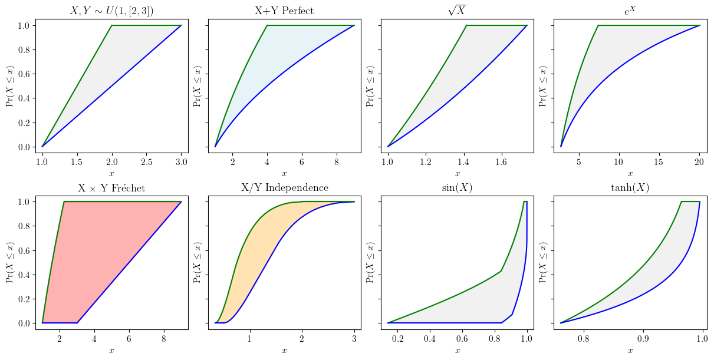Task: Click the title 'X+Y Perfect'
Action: coord(284,11)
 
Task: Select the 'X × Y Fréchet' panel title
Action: coord(111,188)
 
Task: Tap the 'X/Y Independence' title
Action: coord(284,188)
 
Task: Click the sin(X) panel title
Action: coord(457,188)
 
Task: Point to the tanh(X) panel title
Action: coord(630,188)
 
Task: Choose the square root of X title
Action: coord(457,10)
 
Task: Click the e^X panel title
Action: coord(630,10)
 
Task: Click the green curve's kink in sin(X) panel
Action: coord(501,271)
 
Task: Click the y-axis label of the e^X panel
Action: coord(542,86)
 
